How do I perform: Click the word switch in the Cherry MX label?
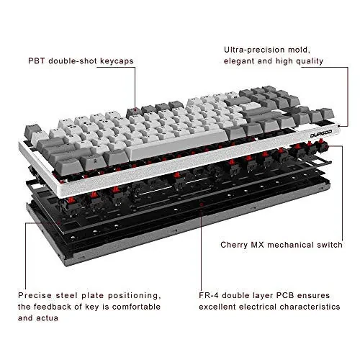(x=324, y=243)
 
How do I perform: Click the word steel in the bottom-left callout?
(x=75, y=295)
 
